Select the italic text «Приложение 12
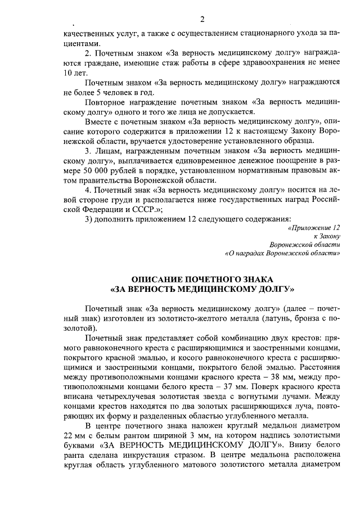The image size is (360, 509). [x=314, y=228]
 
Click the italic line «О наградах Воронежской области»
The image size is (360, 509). [x=282, y=254]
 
